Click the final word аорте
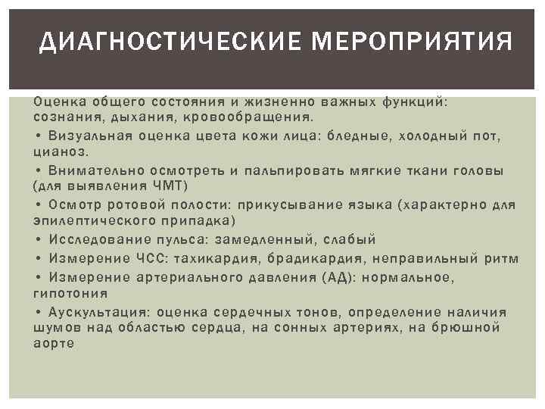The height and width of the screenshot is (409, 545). [x=53, y=343]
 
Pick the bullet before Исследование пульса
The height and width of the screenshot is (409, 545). [x=38, y=239]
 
